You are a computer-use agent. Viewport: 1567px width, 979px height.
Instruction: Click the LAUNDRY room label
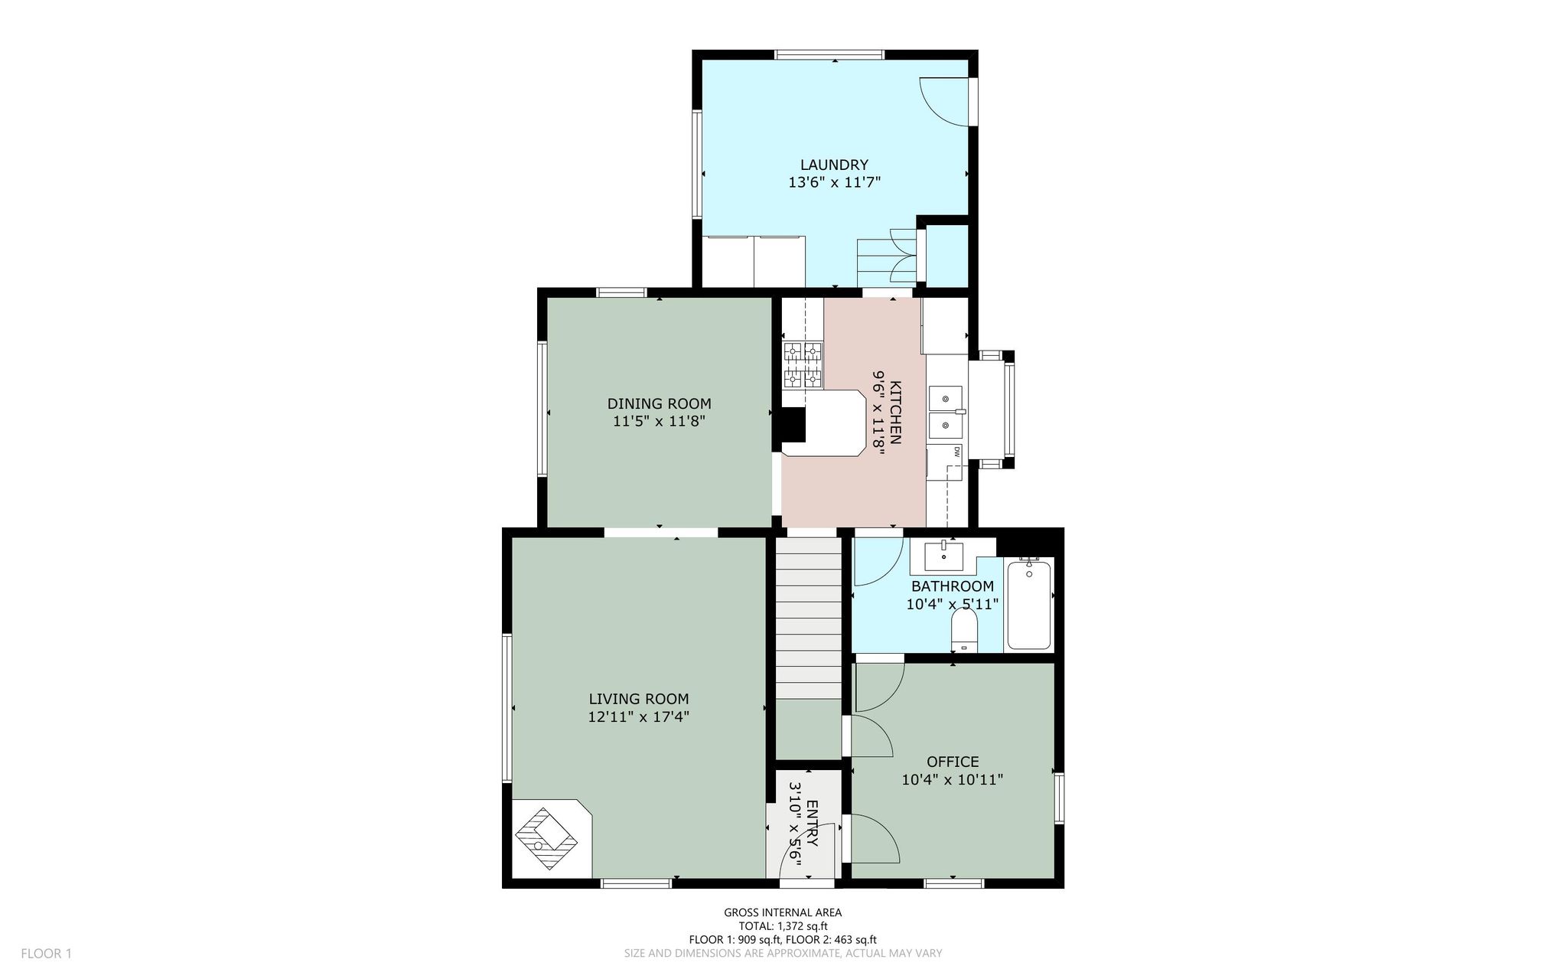click(834, 165)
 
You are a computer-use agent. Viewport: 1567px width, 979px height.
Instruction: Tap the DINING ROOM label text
click(659, 403)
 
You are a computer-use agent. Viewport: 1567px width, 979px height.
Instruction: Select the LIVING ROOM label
click(638, 699)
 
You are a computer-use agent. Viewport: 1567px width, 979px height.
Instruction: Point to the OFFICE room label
click(953, 762)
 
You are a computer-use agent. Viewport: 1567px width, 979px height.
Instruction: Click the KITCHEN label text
click(896, 413)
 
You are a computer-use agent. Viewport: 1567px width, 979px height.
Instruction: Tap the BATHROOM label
click(953, 586)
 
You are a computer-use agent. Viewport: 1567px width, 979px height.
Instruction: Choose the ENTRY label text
click(812, 823)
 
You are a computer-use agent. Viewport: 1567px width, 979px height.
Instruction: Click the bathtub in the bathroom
click(1029, 605)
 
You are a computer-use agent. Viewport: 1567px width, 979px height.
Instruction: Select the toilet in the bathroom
click(964, 631)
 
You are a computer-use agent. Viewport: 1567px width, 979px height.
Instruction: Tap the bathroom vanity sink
click(943, 556)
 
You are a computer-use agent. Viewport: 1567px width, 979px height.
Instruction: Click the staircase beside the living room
click(809, 617)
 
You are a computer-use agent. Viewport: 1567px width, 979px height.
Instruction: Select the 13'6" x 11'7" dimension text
click(834, 182)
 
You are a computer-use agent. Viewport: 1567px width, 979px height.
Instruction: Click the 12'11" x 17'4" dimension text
click(638, 717)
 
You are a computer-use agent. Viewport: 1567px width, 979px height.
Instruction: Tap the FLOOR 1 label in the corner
click(46, 954)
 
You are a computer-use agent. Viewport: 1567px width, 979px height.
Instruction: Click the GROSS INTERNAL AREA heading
click(783, 912)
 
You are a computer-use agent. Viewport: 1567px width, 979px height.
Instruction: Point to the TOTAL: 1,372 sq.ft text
click(783, 926)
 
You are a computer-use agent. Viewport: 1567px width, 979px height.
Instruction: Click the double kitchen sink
click(946, 411)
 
